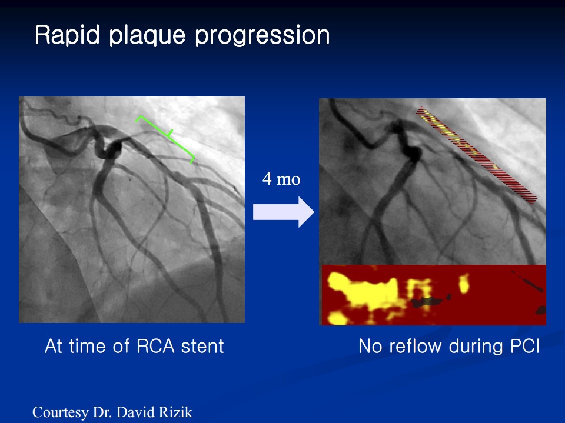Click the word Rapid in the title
coord(67,35)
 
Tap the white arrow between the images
coord(284,212)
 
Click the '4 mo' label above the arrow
coord(281,179)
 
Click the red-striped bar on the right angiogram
coord(476,155)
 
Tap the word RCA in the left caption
coord(156,346)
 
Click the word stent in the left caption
coord(202,346)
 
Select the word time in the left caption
coord(88,346)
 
